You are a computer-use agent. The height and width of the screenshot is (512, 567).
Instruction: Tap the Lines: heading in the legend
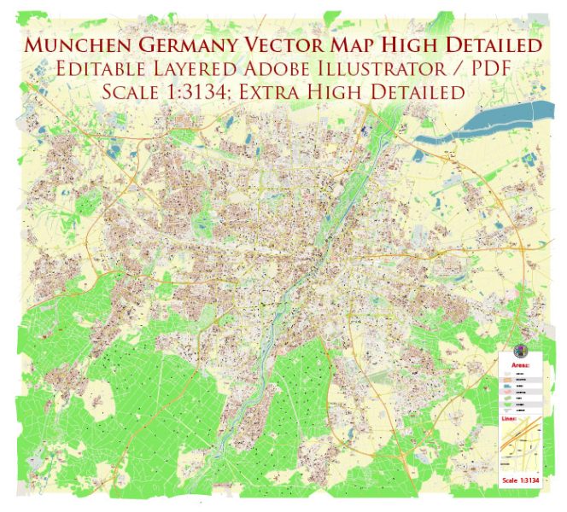pyautogui.click(x=509, y=419)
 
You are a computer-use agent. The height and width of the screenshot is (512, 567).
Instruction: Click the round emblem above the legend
pyautogui.click(x=519, y=352)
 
